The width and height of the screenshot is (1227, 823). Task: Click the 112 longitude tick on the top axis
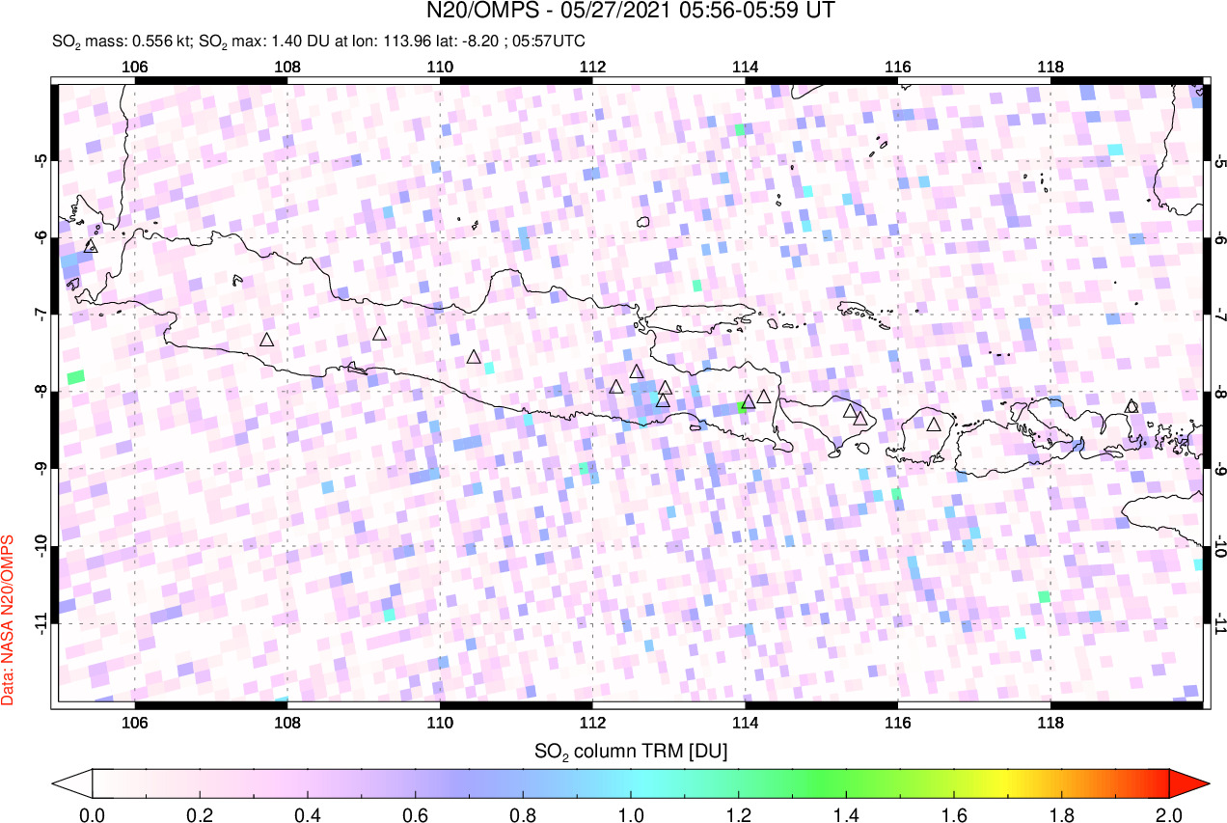[592, 68]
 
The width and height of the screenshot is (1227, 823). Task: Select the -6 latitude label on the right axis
[1217, 237]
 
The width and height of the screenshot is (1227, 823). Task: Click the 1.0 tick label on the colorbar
[631, 813]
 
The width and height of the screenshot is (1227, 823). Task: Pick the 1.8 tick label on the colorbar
[1061, 813]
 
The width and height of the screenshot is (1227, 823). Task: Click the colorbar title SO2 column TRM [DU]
[631, 750]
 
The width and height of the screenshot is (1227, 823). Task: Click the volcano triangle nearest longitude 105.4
[92, 246]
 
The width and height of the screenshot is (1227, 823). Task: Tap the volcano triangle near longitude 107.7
[267, 340]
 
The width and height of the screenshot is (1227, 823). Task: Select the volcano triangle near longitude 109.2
[380, 334]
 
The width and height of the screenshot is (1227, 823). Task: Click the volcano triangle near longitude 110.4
[474, 357]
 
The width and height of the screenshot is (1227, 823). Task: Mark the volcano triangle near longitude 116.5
[934, 424]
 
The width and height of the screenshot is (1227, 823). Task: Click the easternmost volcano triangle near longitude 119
[1132, 406]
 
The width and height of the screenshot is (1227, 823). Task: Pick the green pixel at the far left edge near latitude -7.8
[75, 375]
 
